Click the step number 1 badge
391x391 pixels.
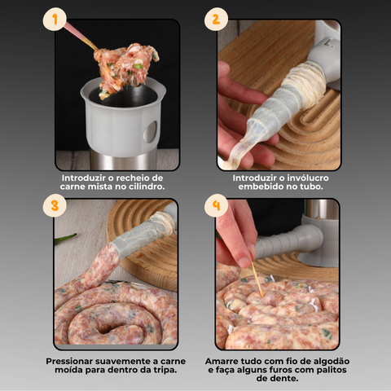[x=54, y=19]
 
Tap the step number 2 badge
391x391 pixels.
[x=216, y=19]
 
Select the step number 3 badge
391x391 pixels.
[x=54, y=205]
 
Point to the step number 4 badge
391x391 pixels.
[x=216, y=204]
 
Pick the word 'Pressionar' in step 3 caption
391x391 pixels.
[x=76, y=361]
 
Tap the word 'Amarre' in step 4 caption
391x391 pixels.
[x=224, y=361]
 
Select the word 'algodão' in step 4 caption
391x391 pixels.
[x=325, y=361]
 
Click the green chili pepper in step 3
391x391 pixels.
[x=65, y=239]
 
